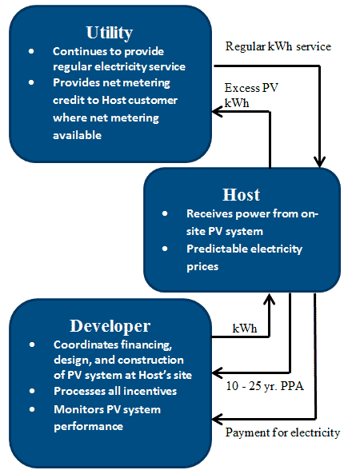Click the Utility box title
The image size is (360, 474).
(x=109, y=32)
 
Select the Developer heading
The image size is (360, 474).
(x=109, y=325)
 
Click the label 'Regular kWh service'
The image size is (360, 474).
(x=278, y=46)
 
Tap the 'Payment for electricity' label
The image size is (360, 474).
(x=282, y=432)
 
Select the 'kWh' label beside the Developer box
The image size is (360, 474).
(x=243, y=329)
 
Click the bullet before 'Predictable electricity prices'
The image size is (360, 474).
(x=164, y=249)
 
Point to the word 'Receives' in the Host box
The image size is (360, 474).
(x=210, y=214)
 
